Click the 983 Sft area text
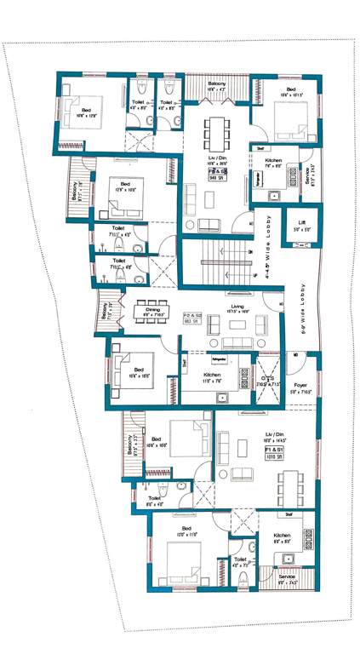192,321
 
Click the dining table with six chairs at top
216,131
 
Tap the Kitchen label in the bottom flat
282,536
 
